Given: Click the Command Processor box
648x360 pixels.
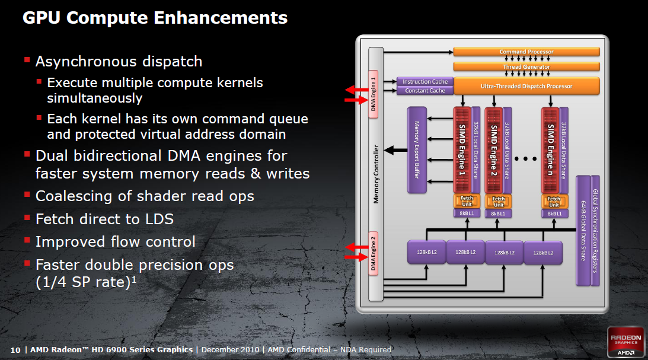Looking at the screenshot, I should coord(526,52).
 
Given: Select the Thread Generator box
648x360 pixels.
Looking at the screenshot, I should coord(526,67).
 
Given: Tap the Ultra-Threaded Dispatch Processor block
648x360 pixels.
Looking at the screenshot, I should coord(526,86).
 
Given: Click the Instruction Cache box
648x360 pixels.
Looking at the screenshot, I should coord(425,81).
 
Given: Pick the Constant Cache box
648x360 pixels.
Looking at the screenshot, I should coord(425,91).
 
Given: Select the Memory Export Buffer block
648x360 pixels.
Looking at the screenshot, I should coord(417,149).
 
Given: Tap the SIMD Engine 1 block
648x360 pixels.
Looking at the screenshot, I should coord(462,149).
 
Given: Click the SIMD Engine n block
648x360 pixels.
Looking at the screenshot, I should coord(550,149).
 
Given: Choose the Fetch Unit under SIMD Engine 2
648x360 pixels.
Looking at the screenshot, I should coord(499,202).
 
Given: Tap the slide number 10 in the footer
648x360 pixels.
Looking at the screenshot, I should coord(16,349).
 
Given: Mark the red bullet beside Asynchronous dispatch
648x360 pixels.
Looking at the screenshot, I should coord(27,60).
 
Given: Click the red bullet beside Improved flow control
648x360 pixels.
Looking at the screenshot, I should coord(27,240).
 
